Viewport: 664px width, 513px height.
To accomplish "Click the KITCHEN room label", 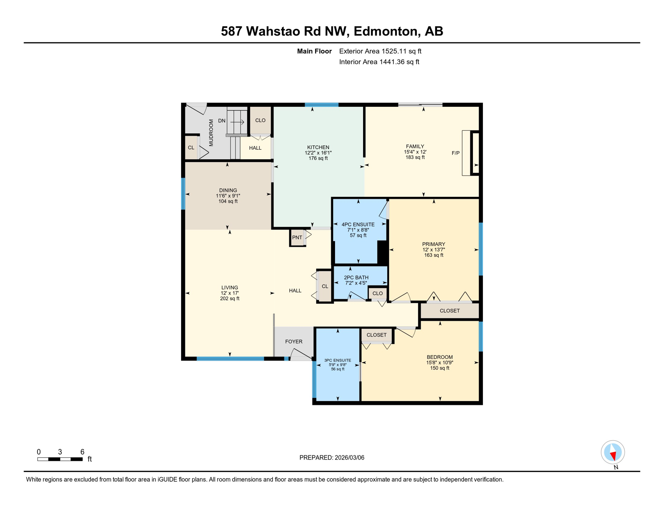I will pos(318,147).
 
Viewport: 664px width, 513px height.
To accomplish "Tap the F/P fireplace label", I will pos(455,153).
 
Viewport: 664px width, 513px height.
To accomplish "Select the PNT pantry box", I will pos(297,237).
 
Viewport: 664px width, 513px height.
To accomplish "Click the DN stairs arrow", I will pos(237,122).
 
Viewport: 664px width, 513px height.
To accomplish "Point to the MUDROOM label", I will pos(211,133).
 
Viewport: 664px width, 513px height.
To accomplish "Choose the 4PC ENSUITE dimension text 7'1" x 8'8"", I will pos(358,230).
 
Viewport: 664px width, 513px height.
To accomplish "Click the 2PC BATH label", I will pos(356,278).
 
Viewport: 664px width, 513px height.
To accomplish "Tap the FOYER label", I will pos(294,341).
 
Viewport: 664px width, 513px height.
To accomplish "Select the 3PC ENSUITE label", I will pos(337,360).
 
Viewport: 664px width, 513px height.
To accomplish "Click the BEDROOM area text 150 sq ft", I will pos(439,368).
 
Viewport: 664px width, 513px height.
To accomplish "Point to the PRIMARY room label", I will pos(433,244).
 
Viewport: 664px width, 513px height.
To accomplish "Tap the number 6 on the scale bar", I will pos(82,452).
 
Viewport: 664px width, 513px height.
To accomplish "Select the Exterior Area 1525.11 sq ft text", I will pos(380,51).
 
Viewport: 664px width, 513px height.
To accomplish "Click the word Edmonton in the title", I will pos(385,31).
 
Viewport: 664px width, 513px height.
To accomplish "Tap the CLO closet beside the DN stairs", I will pos(260,120).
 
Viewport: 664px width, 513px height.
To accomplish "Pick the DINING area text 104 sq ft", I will pos(228,201).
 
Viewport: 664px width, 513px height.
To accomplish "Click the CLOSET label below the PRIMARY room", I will pos(449,311).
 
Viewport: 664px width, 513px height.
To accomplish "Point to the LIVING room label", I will pos(229,288).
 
